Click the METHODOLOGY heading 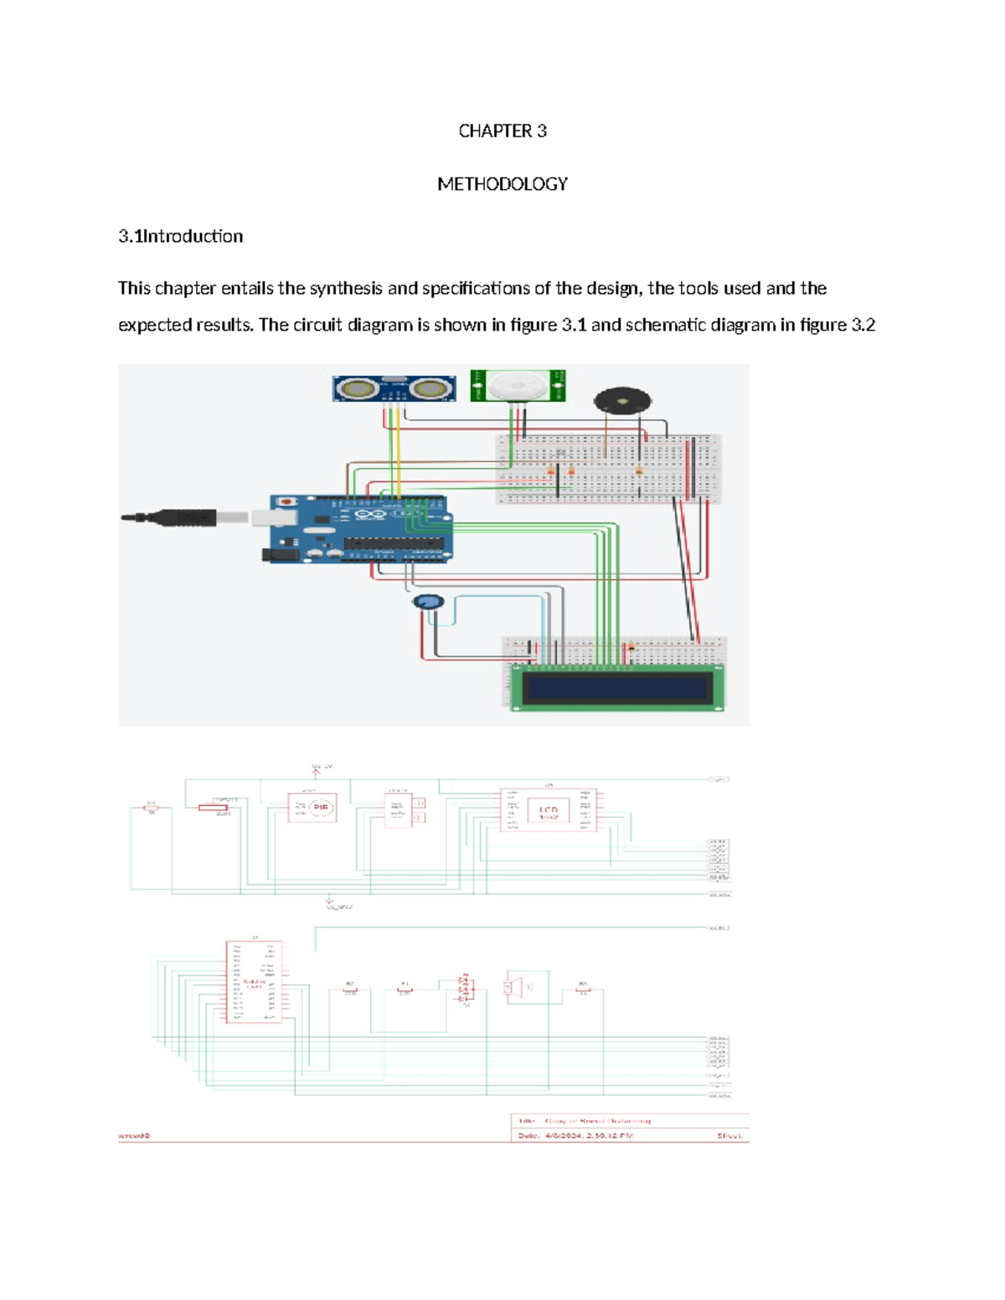pyautogui.click(x=502, y=183)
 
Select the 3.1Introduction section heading pyautogui.click(x=180, y=236)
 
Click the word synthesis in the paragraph pyautogui.click(x=346, y=289)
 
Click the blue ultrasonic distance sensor pyautogui.click(x=394, y=388)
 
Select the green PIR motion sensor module pyautogui.click(x=517, y=386)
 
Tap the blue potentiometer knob pyautogui.click(x=428, y=603)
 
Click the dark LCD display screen pyautogui.click(x=616, y=688)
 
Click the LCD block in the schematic pyautogui.click(x=548, y=810)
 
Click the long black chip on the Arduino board pyautogui.click(x=393, y=543)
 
